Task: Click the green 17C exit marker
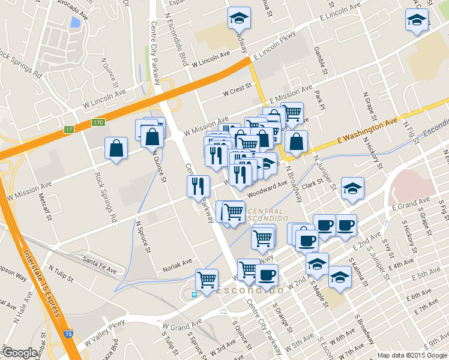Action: click(98, 122)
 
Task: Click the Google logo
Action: click(19, 353)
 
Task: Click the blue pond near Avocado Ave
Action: click(74, 23)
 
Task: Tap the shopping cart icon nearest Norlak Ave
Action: click(206, 280)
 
